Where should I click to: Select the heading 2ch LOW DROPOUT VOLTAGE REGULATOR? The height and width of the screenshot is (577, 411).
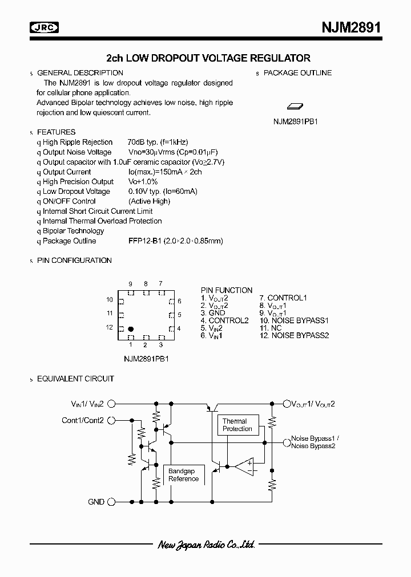208,58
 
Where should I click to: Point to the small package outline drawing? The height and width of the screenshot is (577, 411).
295,106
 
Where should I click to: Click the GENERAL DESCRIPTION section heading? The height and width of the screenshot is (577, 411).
80,73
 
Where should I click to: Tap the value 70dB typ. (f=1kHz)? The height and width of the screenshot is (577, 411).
158,142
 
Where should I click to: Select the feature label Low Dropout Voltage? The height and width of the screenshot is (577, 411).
76,192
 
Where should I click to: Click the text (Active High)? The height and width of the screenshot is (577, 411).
150,201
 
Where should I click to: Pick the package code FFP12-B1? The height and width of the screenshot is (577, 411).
145,241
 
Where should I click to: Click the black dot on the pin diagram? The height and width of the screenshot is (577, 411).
131,329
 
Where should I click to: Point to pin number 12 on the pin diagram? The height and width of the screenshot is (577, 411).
109,328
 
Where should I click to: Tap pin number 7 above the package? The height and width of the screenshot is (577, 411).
160,283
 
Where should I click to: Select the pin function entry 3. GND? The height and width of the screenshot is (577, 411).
213,313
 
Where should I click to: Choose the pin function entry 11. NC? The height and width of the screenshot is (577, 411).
271,328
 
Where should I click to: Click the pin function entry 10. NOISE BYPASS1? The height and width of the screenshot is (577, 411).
294,320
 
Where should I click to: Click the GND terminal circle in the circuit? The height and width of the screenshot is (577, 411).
112,502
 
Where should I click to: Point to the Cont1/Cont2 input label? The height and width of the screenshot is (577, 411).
83,421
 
